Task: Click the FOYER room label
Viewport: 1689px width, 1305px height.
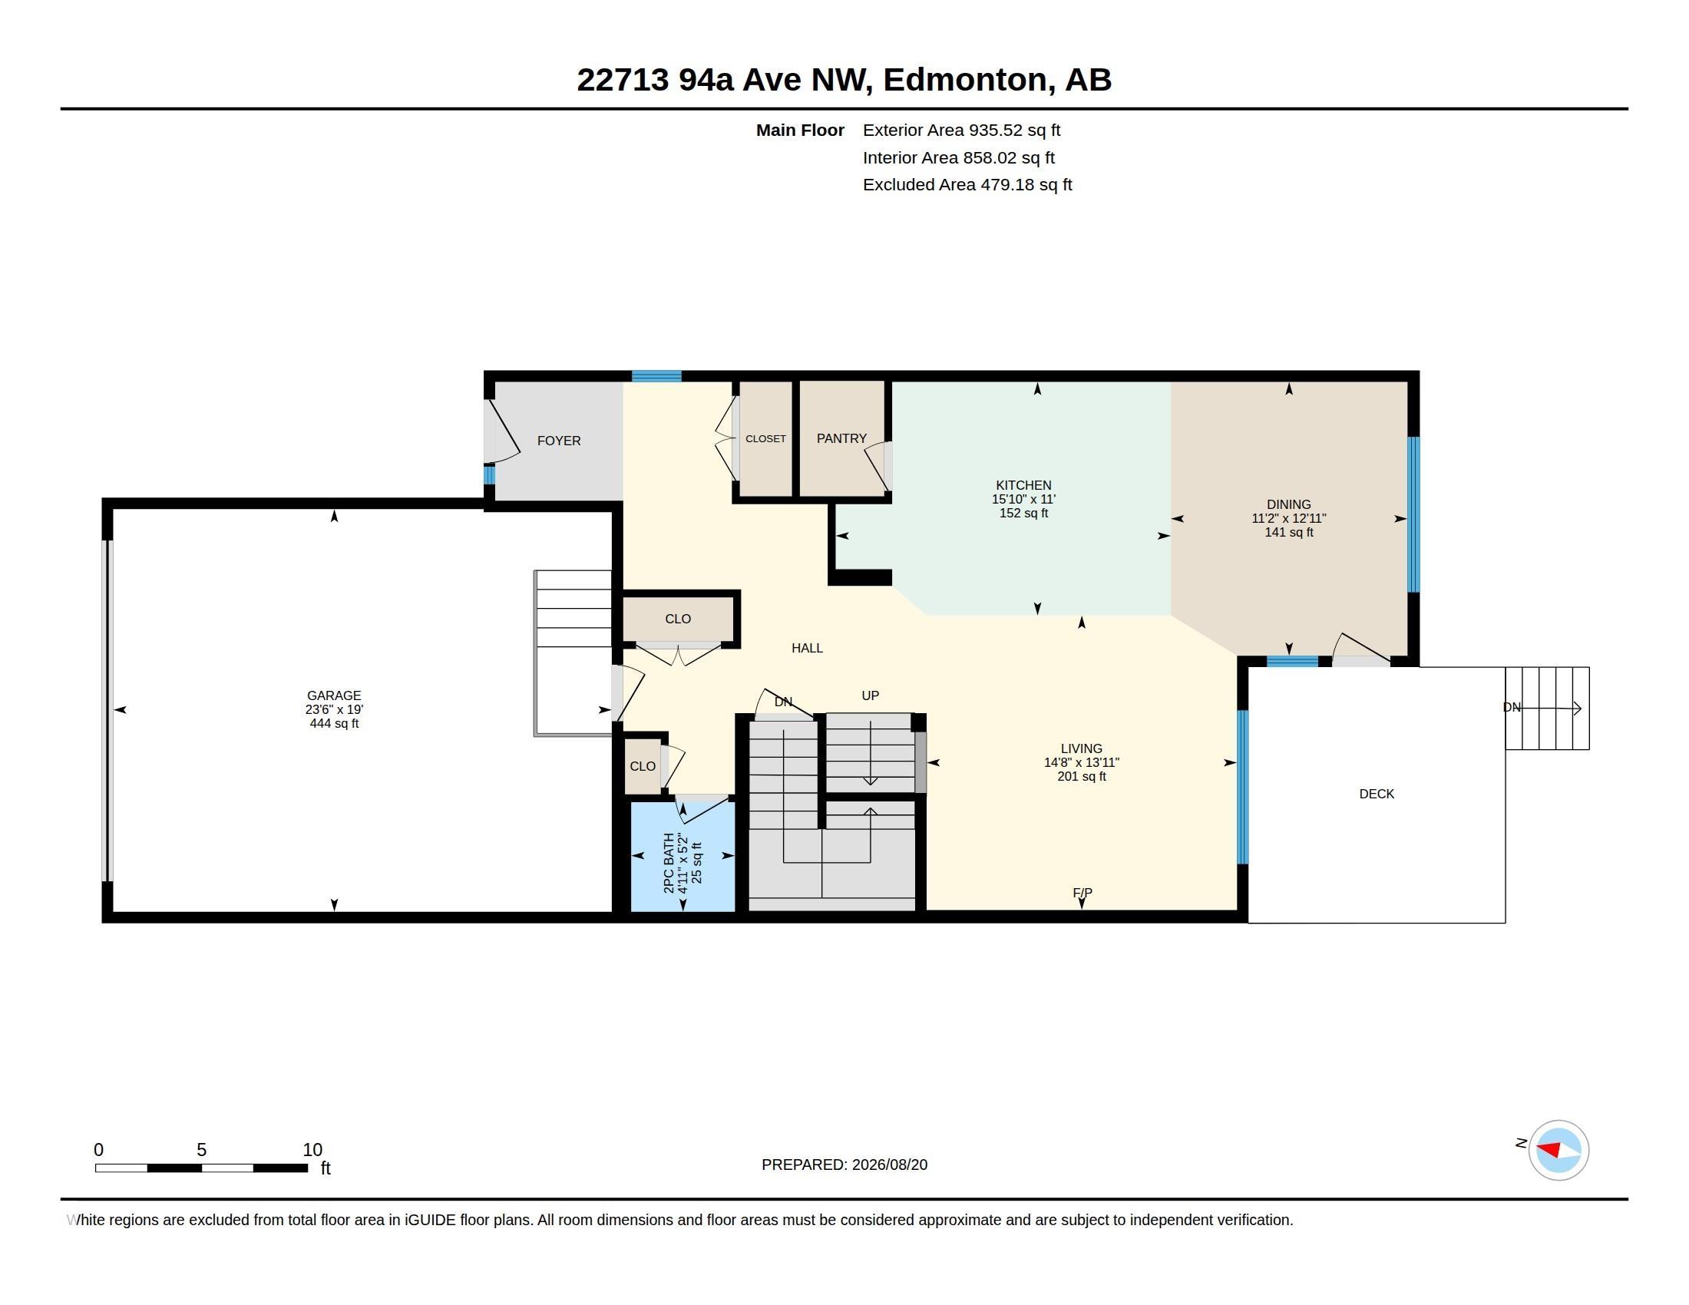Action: coord(558,441)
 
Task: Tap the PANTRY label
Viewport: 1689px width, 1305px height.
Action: coord(841,438)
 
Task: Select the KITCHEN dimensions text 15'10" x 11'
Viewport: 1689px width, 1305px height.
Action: coord(1023,500)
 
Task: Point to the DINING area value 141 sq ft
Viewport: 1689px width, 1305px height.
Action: coord(1288,532)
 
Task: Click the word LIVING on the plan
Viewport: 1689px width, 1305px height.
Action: coord(1081,748)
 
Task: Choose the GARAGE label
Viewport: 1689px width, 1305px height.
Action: coord(333,695)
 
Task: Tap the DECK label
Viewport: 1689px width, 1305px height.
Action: coord(1377,794)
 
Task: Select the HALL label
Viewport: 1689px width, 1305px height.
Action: coord(807,648)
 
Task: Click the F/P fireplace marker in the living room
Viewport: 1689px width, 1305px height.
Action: coord(1082,893)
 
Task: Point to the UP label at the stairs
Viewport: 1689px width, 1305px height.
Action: coord(870,695)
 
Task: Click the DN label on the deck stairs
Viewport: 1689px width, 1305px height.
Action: coord(1512,708)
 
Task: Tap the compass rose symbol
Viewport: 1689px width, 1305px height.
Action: coord(1558,1150)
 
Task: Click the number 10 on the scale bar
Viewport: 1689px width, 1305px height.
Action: coord(312,1150)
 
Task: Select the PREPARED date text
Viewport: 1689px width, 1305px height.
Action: coord(844,1165)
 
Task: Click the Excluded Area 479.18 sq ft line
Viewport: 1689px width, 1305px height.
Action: coord(967,185)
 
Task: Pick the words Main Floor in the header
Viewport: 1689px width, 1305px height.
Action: coord(800,130)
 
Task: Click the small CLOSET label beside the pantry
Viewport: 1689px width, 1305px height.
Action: coord(765,438)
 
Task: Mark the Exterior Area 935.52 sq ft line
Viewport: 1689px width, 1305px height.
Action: coord(961,130)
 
